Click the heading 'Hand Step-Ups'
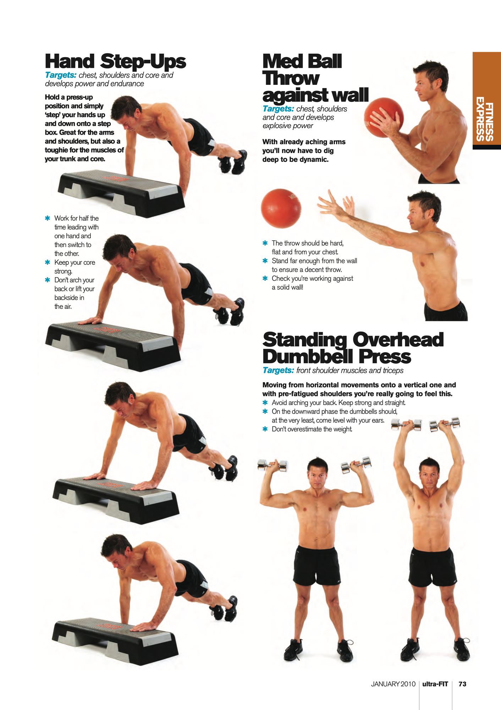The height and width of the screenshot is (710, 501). point(115,61)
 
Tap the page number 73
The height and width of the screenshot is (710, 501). point(462,684)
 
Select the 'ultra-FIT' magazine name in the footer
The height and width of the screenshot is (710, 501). point(435,684)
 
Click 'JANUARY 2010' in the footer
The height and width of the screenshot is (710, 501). point(393,684)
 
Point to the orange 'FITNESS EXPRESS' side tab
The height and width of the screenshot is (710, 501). point(486,100)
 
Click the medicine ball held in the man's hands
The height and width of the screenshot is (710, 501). point(384,117)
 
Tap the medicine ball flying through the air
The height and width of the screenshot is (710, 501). point(281,208)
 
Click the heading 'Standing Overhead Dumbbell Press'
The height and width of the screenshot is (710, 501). point(353,348)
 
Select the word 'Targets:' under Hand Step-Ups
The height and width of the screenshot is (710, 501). point(61,75)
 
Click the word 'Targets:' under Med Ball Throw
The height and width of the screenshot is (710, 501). point(278,109)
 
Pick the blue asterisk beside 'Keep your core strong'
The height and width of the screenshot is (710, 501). point(48,262)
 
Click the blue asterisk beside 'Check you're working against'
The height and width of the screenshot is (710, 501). point(265,278)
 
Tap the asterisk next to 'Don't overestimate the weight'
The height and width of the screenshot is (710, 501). point(265,429)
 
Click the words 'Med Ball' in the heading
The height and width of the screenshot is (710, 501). point(302,61)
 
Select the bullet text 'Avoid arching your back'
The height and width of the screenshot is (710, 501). point(304,403)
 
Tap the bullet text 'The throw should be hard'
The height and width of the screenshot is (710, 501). point(308,243)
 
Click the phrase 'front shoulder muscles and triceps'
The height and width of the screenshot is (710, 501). point(350,371)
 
